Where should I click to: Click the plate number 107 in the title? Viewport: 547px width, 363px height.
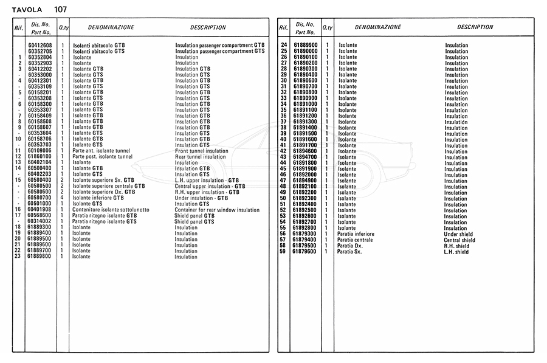point(60,9)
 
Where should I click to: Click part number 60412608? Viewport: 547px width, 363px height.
point(40,46)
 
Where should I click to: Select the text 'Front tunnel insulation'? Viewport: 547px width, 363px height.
point(201,151)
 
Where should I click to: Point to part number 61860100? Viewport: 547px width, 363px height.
point(40,157)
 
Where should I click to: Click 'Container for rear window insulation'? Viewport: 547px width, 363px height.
point(217,210)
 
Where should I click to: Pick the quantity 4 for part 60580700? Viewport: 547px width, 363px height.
point(63,198)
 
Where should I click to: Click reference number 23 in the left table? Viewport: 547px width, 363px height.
point(18,257)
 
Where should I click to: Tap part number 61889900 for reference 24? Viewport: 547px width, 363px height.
point(305,46)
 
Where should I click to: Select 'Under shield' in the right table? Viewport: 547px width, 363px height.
point(459,234)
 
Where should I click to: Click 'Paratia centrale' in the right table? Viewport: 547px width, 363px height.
point(356,240)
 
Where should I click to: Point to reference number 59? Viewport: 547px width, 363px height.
point(283,252)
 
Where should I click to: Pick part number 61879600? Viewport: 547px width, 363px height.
point(305,252)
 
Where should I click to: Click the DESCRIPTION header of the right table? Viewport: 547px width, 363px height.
point(475,27)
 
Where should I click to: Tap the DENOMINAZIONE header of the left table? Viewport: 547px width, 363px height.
point(111,27)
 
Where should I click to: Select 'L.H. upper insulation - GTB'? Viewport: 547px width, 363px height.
point(207,181)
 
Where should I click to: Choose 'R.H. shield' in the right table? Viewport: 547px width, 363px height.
point(456,246)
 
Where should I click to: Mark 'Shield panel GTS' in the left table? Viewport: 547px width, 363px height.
point(194,222)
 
